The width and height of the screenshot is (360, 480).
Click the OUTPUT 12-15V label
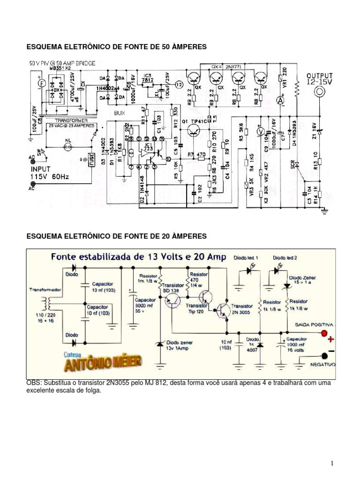click(x=320, y=78)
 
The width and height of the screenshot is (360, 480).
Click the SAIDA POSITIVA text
click(x=314, y=324)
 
